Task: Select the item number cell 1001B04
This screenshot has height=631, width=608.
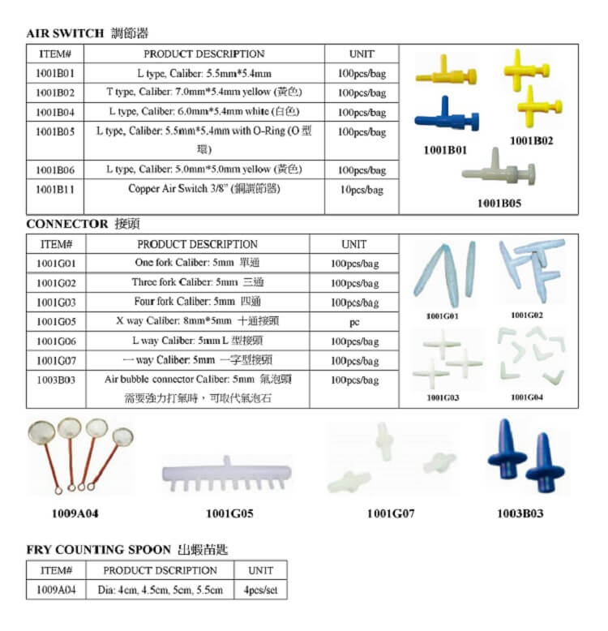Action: [x=55, y=112]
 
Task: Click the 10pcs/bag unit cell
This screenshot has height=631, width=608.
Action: [x=362, y=190]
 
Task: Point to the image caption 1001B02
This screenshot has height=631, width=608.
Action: [x=531, y=140]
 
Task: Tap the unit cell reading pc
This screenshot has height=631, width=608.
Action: [x=354, y=322]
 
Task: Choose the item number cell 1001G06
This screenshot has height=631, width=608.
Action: [x=56, y=341]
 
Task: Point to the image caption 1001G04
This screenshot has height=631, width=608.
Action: [x=527, y=397]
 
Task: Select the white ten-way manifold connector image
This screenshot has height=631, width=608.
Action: [x=221, y=474]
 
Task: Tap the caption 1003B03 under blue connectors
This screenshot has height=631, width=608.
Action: [x=520, y=513]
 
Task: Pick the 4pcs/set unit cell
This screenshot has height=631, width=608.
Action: [x=260, y=590]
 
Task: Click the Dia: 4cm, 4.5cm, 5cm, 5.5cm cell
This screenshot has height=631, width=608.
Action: [x=161, y=590]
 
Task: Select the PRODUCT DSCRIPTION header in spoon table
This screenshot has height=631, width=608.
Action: [x=161, y=570]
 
